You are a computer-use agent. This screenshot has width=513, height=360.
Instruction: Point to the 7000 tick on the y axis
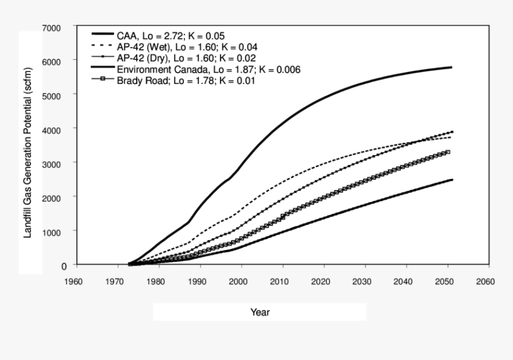click(52, 28)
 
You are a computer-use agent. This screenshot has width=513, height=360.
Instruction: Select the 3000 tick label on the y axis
click(52, 163)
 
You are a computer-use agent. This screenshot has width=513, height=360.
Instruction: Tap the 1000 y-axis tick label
click(52, 231)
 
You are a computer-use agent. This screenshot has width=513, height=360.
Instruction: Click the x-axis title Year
click(260, 312)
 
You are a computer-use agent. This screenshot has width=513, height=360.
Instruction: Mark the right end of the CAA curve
click(452, 67)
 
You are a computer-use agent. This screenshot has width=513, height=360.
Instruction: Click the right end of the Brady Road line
click(448, 153)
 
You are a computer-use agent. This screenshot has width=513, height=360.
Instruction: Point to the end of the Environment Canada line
click(452, 179)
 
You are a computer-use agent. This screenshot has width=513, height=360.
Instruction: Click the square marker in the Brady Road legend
click(103, 80)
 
